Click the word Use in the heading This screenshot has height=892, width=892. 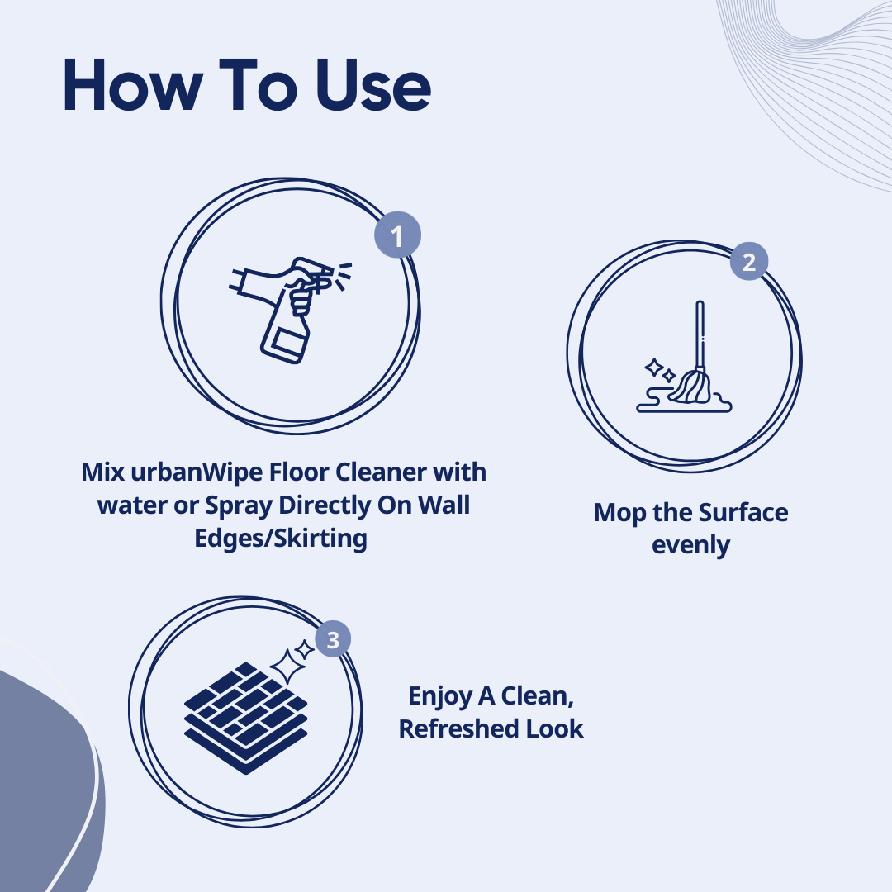(373, 85)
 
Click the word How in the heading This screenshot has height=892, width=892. (132, 85)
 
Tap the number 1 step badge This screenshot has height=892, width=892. (397, 235)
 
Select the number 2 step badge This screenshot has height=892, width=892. (749, 262)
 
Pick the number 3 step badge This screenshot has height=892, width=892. (333, 638)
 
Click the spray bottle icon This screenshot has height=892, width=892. (290, 310)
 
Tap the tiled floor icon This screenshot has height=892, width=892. (246, 718)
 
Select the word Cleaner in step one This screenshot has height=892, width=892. (381, 472)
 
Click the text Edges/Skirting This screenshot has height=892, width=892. (281, 539)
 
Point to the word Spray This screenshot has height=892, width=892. (239, 505)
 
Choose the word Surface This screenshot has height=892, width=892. (743, 513)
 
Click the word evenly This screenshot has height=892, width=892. (690, 546)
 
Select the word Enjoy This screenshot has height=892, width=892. (439, 696)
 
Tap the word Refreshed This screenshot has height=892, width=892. (458, 728)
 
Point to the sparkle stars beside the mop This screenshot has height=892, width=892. (660, 370)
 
